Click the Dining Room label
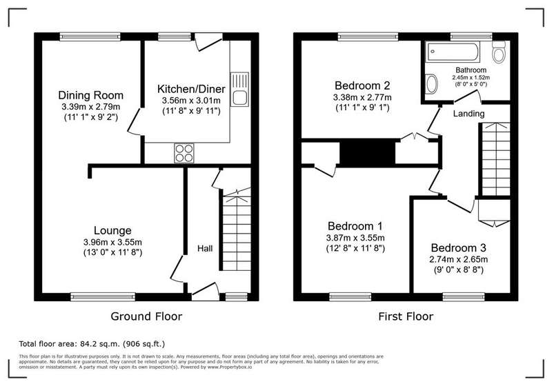[91, 95]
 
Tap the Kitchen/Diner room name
[191, 89]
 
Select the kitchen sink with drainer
[239, 90]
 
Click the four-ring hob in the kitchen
[184, 153]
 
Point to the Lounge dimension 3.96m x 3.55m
[112, 242]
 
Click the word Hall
[205, 249]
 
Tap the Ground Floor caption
[146, 316]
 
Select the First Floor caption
[406, 316]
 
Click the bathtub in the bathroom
[452, 52]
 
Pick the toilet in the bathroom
[499, 52]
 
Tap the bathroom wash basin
[431, 84]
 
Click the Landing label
[469, 114]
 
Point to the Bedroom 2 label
[362, 85]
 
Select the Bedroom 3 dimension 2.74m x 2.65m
[458, 259]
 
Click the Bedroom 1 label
[355, 225]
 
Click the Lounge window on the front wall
[103, 297]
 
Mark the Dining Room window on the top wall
[90, 37]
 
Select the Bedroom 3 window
[464, 297]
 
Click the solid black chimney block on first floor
[368, 151]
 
